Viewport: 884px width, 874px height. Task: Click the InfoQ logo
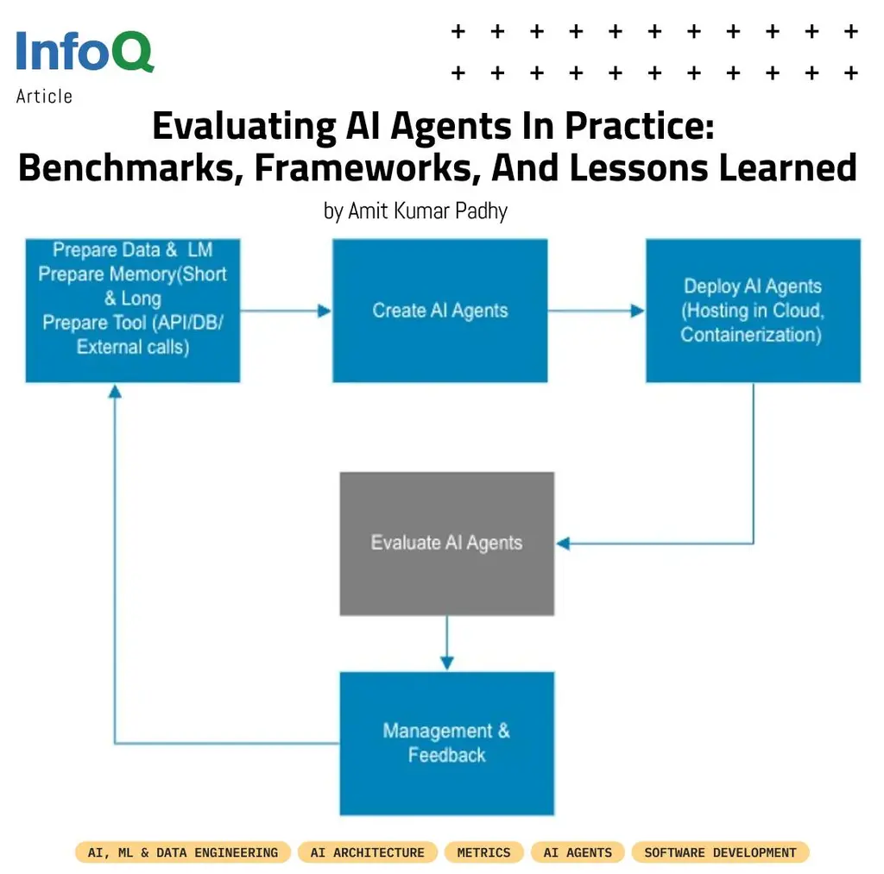pos(85,52)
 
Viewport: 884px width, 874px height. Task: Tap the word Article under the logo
pos(44,97)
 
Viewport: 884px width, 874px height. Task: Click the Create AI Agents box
pos(440,311)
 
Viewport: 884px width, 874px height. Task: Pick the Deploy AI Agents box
pos(753,311)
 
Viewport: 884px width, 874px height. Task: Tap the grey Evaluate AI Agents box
pos(446,543)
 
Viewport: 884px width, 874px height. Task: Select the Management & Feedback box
pos(446,743)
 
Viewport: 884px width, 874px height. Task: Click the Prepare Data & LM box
pos(132,311)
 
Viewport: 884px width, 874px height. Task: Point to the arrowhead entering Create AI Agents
pos(325,311)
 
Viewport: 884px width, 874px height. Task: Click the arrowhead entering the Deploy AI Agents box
pos(639,311)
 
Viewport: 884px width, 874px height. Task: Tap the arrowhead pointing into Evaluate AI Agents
pos(563,544)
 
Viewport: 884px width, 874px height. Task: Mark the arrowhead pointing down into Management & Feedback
pos(446,663)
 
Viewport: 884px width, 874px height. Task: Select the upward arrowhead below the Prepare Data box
pos(115,391)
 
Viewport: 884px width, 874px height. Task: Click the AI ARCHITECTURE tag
pos(368,852)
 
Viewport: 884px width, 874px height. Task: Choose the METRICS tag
pos(483,852)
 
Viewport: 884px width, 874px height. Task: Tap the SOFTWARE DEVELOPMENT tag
pos(720,852)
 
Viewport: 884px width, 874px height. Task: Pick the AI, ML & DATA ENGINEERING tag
pos(183,852)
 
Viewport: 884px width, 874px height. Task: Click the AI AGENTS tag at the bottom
pos(578,852)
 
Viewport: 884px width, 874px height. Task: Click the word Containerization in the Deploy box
pos(750,335)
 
